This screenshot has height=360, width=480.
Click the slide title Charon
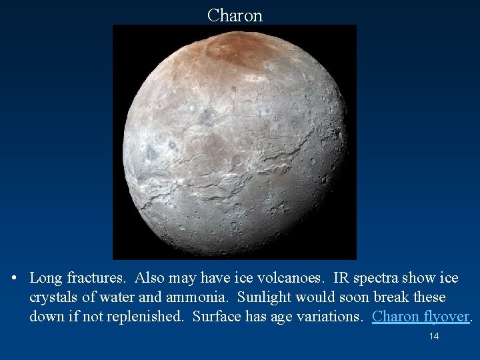(235, 15)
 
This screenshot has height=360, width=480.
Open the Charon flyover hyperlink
(421, 316)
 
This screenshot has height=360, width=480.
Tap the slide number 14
(434, 336)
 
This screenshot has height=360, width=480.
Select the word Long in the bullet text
(45, 277)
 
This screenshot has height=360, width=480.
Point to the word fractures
(95, 277)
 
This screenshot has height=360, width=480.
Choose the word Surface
(215, 316)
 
